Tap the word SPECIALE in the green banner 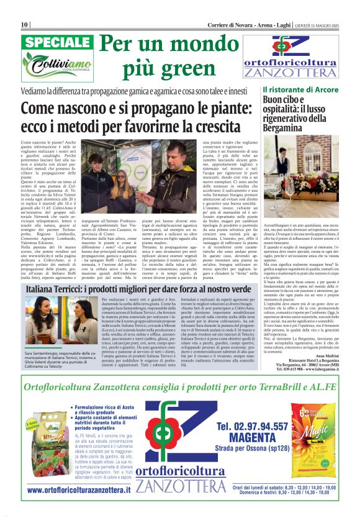click(58, 43)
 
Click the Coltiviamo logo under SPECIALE click(58, 64)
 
